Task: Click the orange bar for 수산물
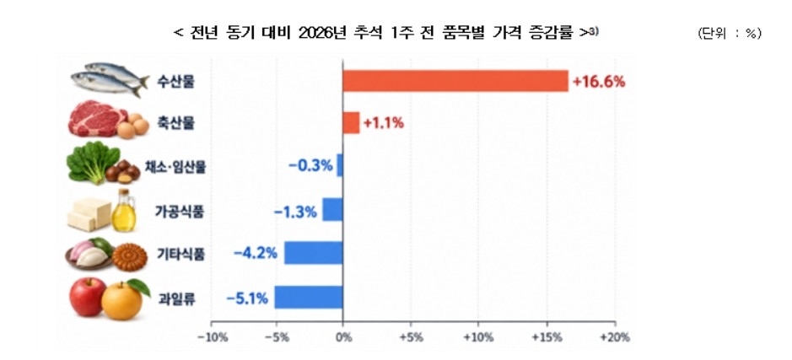(x=455, y=81)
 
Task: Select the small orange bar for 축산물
(x=351, y=123)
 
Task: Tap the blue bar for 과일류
(x=309, y=298)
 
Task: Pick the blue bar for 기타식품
(x=314, y=252)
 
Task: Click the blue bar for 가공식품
(x=333, y=210)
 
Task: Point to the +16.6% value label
(x=599, y=82)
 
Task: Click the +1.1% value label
(x=384, y=123)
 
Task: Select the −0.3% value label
(x=310, y=165)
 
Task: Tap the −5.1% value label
(x=247, y=299)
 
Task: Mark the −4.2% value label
(x=256, y=253)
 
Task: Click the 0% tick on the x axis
(x=343, y=337)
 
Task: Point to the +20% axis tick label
(x=615, y=337)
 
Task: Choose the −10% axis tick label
(x=211, y=337)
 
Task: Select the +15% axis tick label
(x=547, y=337)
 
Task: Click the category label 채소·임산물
(x=180, y=167)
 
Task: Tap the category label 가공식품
(x=180, y=212)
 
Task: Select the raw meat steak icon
(x=97, y=119)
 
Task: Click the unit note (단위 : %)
(x=730, y=34)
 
